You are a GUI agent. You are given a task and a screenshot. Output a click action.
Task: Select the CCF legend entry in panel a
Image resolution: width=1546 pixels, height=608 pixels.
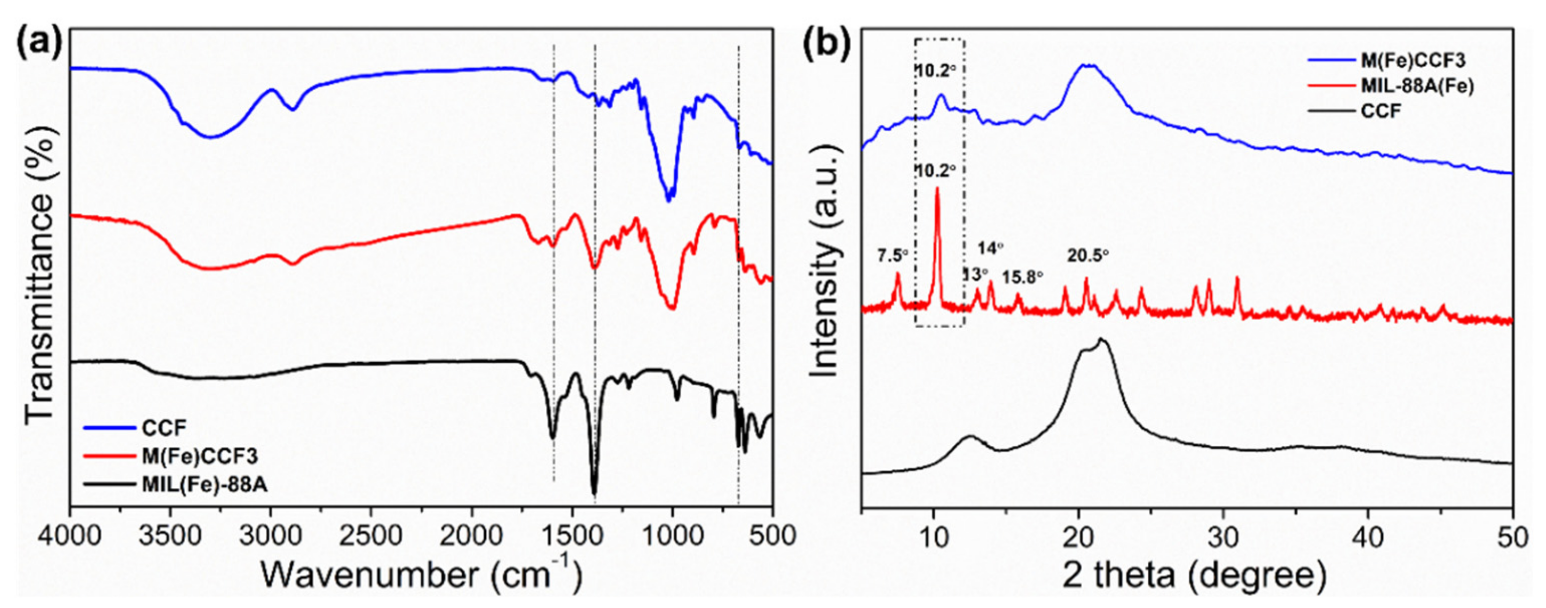(x=164, y=428)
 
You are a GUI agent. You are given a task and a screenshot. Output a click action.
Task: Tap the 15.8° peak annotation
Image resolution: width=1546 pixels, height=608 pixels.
(x=1023, y=277)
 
